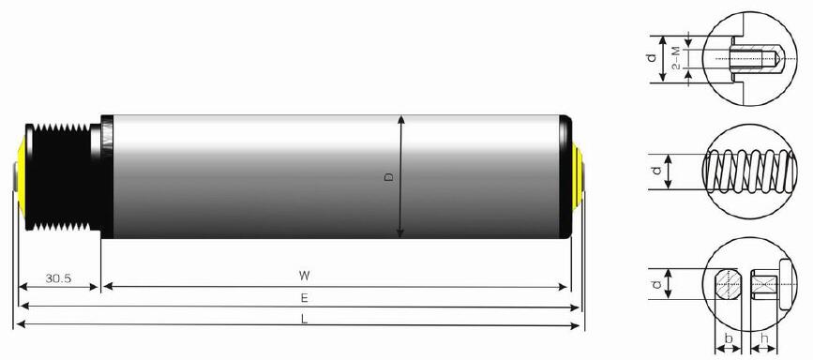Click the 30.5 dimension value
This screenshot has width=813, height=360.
coord(57,277)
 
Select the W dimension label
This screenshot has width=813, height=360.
coord(304,276)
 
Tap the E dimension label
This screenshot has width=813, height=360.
coord(304,297)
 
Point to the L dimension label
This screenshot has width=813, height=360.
coord(304,319)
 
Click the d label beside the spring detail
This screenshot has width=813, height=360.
coord(655,172)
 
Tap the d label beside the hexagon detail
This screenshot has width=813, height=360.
coord(655,282)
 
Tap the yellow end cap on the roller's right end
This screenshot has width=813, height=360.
coord(578,175)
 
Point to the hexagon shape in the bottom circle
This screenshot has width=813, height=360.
coord(729,282)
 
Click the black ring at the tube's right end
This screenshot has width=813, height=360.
coord(567,176)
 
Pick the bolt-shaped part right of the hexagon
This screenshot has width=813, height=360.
coord(765,281)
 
